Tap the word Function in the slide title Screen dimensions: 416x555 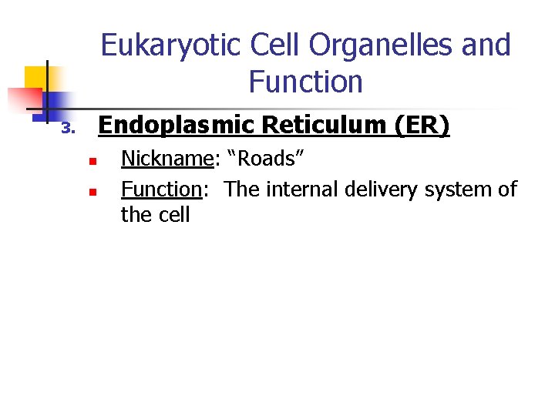pos(305,81)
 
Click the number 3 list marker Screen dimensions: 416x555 pos(67,128)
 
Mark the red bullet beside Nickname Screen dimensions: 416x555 pos(91,162)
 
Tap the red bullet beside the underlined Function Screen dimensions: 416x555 pos(91,191)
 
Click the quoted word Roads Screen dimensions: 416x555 pos(266,159)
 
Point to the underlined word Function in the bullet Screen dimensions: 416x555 pos(161,189)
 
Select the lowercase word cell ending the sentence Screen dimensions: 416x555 pos(175,214)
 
